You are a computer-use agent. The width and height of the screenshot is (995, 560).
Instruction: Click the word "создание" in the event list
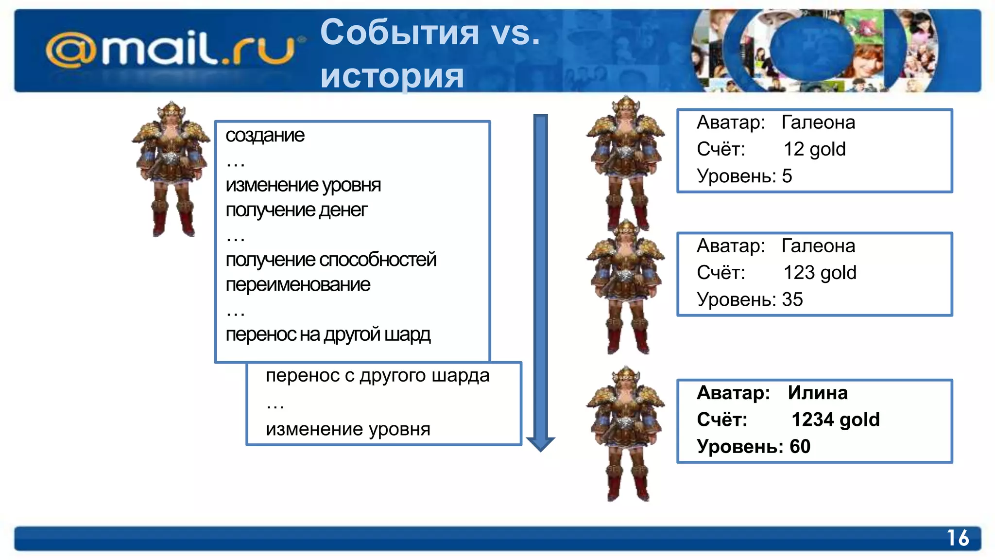point(265,135)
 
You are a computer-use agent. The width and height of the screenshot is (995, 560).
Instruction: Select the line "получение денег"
point(296,210)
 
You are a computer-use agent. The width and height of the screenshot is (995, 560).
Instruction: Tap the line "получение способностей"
point(331,260)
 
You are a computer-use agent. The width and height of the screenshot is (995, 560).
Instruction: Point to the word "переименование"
point(298,284)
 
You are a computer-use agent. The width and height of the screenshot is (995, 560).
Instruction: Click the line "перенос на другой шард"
point(328,334)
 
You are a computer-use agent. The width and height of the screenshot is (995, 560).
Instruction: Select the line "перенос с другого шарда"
point(377,375)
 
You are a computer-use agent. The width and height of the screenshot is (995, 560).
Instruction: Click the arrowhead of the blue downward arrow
point(540,443)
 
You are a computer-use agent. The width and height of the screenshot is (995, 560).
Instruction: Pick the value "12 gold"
point(814,149)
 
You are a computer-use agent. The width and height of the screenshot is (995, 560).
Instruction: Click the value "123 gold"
point(820,273)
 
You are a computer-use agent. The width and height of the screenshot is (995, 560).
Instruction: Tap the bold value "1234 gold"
point(835,420)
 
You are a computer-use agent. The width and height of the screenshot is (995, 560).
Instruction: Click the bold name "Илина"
point(818,393)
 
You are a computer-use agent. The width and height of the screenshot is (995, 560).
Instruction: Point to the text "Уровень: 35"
point(749,299)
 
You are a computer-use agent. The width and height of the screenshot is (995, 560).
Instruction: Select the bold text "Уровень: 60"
point(753,446)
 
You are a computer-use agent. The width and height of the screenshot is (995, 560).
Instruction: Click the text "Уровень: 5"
point(744,176)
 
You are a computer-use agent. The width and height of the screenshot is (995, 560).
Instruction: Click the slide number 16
point(958,538)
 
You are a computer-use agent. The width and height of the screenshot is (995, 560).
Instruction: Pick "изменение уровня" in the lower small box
point(348,429)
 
